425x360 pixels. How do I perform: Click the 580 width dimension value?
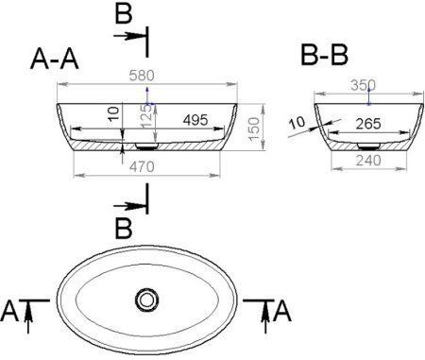pos(142,76)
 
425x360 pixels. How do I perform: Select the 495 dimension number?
pos(195,120)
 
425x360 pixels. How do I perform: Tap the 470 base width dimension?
pos(142,166)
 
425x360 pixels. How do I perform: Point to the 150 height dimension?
pos(254,129)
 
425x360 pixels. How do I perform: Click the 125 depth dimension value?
pos(146,116)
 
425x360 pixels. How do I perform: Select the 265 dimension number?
pos(368,124)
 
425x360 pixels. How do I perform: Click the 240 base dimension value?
pos(368,161)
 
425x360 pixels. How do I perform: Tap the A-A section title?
pos(55,59)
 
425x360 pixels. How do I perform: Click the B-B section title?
pos(325,55)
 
